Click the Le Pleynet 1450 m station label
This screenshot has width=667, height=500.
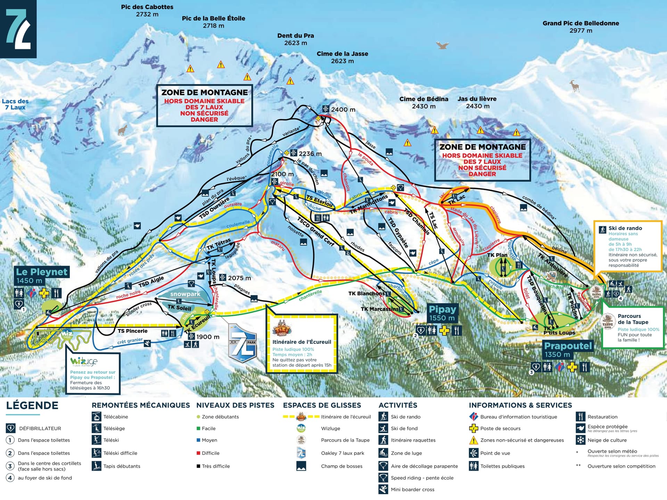42,276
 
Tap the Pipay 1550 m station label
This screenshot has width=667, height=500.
442,313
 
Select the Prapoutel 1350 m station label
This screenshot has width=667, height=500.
568,349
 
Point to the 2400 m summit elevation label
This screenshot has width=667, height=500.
343,110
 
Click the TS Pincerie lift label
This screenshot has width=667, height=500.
132,331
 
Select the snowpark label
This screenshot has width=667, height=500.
185,294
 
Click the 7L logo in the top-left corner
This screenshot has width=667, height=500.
18,28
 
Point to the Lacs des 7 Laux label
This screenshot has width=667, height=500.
15,104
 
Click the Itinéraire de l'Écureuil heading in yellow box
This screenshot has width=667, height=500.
302,342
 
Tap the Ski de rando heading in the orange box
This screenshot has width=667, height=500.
625,228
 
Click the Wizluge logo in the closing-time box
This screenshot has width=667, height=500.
84,361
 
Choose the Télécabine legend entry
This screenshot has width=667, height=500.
115,417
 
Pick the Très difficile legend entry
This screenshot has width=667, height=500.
215,466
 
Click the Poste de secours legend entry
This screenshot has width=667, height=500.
500,428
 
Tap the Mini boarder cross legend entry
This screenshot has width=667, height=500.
412,490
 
